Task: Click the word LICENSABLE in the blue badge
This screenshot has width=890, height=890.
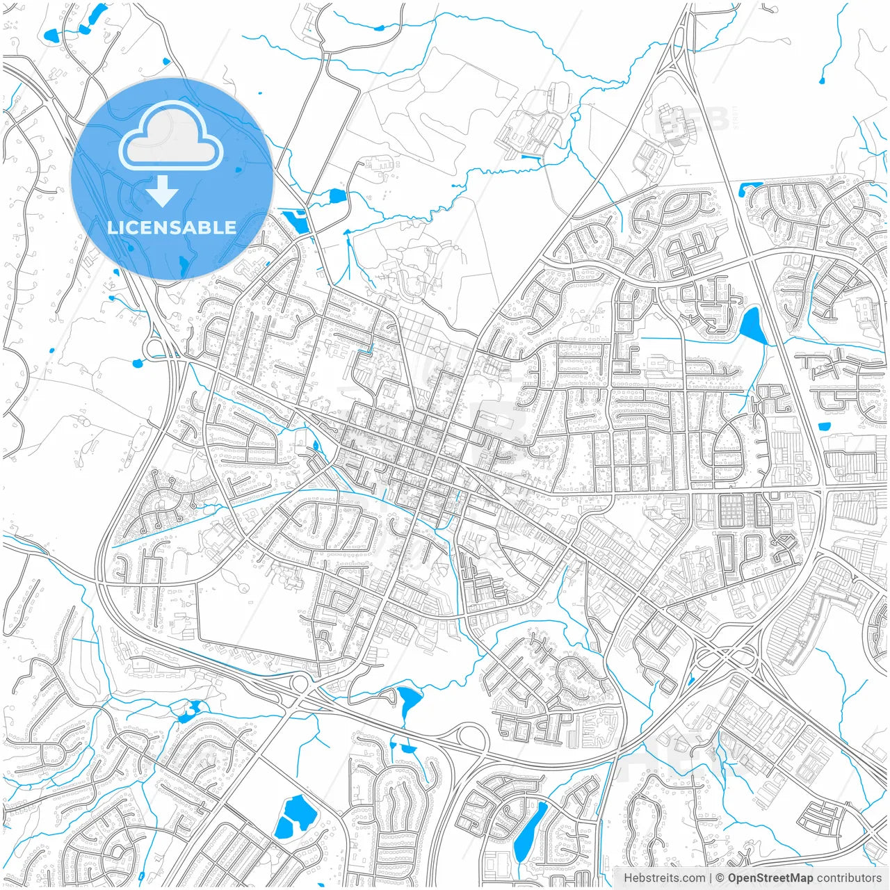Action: click(172, 227)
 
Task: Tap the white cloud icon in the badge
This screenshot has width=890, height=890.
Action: click(171, 136)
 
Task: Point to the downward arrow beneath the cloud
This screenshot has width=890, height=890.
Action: click(163, 191)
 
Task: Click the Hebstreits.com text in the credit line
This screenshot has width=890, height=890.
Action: click(664, 878)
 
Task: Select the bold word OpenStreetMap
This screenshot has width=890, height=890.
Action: click(770, 878)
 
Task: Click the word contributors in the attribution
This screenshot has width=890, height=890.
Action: click(849, 878)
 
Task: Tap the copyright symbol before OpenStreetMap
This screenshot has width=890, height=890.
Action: click(720, 878)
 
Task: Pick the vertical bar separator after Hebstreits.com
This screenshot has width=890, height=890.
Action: click(711, 878)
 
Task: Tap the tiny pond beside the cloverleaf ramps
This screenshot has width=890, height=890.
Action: click(690, 681)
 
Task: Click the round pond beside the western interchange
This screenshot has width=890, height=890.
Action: click(138, 363)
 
